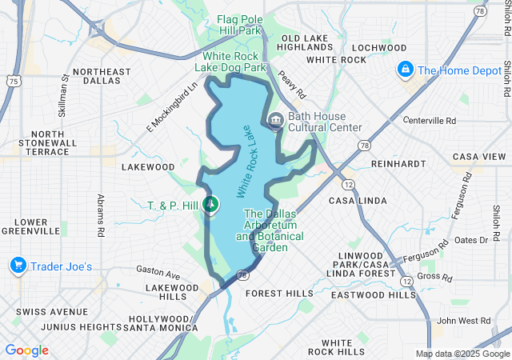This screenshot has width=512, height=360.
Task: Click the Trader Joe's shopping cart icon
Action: point(17,265)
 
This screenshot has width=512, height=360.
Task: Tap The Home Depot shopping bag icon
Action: point(406,70)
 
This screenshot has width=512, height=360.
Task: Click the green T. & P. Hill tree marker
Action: point(210,206)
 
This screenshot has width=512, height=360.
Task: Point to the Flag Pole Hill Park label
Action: point(240,25)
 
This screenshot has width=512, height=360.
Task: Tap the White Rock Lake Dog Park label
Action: point(234,62)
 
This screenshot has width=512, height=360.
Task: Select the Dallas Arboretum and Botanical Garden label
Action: point(270,230)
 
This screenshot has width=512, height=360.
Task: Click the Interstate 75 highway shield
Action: point(12,80)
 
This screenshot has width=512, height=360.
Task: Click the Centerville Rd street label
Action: point(429,121)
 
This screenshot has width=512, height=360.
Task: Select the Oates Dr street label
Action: point(471,240)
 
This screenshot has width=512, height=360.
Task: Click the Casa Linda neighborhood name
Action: point(353,199)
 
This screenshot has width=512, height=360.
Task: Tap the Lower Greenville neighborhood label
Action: point(36,226)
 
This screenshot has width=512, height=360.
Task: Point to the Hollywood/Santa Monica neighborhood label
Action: point(159,322)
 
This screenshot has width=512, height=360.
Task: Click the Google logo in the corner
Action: point(26,350)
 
